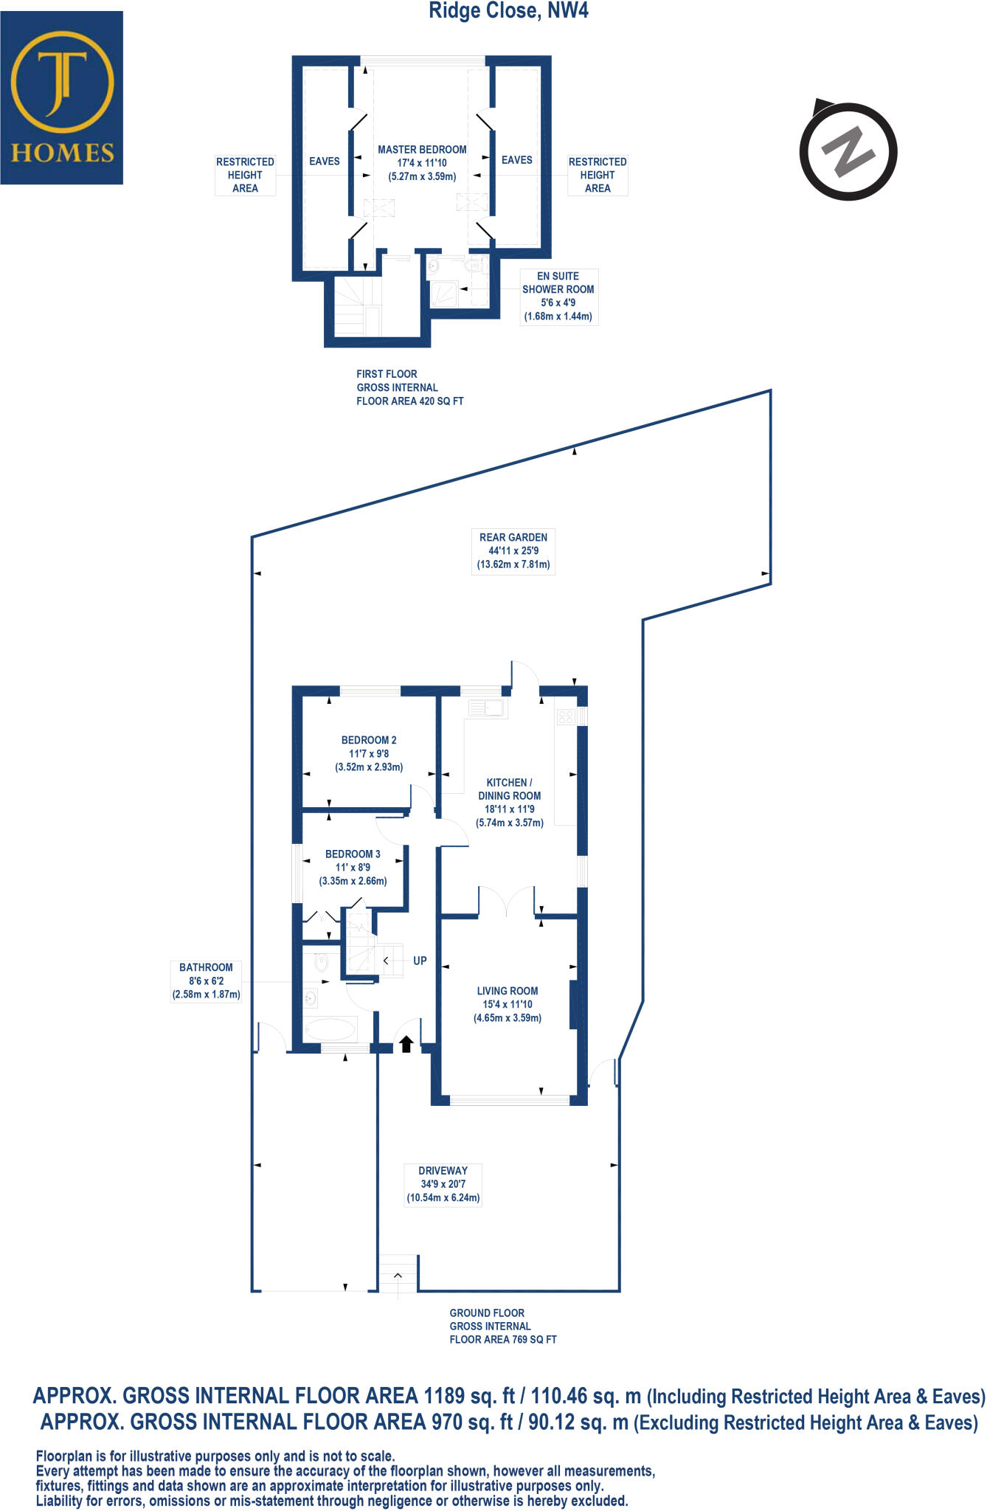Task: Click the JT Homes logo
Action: pos(62,97)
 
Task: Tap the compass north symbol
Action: pos(848,151)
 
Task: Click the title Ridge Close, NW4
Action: pos(509,11)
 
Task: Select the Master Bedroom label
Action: pos(422,163)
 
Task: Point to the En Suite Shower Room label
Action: pos(558,296)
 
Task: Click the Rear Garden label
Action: pos(513,550)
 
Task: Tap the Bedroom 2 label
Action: pos(369,753)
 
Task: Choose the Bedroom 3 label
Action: pos(353,867)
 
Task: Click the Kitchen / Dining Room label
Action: pos(509,802)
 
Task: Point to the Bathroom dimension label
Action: pos(206,981)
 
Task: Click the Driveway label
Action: pos(443,1184)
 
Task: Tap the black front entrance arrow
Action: pos(406,1043)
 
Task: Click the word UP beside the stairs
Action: pos(420,961)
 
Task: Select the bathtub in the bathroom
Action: pos(330,1028)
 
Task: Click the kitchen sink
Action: pos(487,709)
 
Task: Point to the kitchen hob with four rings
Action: pos(566,716)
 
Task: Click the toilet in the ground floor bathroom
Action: pos(321,963)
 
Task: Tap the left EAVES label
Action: pos(325,161)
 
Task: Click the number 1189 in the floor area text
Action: pos(444,1395)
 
